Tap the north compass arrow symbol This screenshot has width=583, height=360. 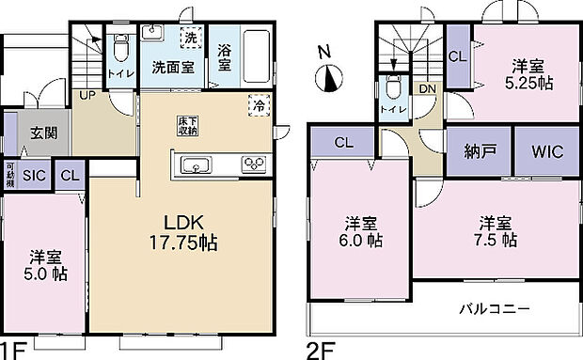click(328, 82)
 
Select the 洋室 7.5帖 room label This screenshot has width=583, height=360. click(496, 231)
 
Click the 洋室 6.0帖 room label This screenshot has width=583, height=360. click(362, 232)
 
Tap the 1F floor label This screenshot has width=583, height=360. click(11, 351)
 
